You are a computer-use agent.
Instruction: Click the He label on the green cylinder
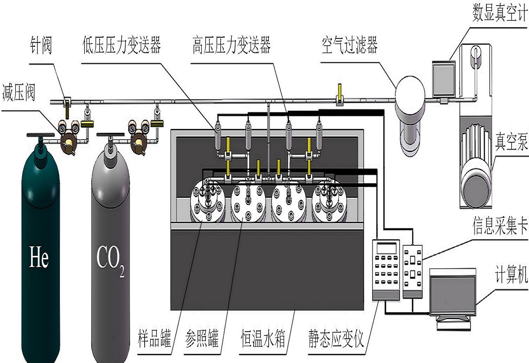pyautogui.click(x=39, y=257)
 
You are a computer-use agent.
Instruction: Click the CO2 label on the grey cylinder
pyautogui.click(x=110, y=259)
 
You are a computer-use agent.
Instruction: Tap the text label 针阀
pyautogui.click(x=41, y=46)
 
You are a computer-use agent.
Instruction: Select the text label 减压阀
pyautogui.click(x=19, y=93)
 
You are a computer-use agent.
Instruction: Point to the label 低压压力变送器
pyautogui.click(x=121, y=45)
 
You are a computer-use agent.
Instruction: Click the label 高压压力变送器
pyautogui.click(x=231, y=45)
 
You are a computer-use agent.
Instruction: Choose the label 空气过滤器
pyautogui.click(x=349, y=45)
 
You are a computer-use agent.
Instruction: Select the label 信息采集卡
pyautogui.click(x=500, y=226)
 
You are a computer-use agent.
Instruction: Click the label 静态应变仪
pyautogui.click(x=336, y=338)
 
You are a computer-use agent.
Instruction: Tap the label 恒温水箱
pyautogui.click(x=263, y=338)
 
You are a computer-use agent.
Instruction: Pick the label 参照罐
pyautogui.click(x=202, y=338)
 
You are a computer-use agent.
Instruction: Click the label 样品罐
pyautogui.click(x=154, y=338)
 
